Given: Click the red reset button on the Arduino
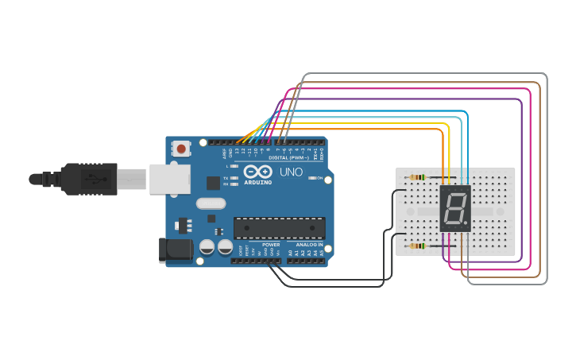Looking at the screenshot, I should [182, 149].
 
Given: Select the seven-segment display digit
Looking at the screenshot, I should [455, 209].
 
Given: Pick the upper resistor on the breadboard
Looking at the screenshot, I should [416, 177].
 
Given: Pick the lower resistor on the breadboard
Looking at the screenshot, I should [416, 246].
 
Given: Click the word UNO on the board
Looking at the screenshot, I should [288, 172].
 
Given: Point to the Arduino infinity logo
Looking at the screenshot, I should [257, 171].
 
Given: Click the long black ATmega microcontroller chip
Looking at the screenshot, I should [279, 228].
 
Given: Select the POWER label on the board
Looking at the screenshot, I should [270, 245].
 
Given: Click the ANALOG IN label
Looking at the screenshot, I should [309, 245].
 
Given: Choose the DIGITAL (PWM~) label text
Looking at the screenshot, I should [284, 157].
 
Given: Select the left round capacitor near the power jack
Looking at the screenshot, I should [207, 247].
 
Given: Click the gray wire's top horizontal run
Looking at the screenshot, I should [425, 74].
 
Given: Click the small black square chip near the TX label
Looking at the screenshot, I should [213, 183].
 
